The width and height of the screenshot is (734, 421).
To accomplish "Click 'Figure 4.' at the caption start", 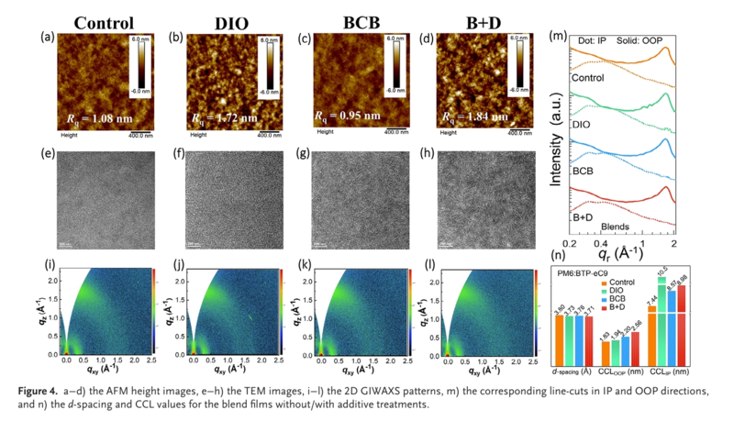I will coord(38,390).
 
